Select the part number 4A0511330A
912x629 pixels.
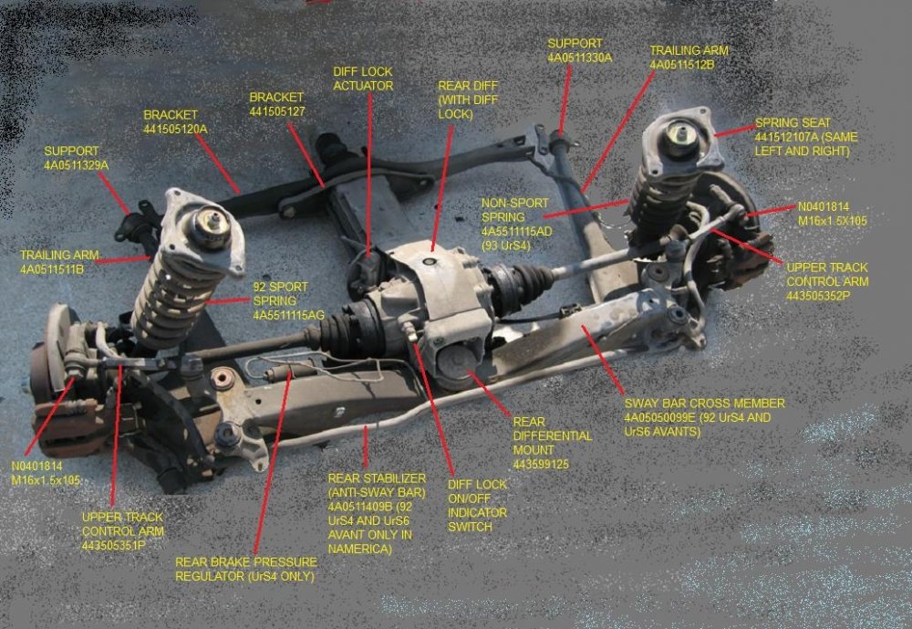coord(579,58)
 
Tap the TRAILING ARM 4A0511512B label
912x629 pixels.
coord(689,58)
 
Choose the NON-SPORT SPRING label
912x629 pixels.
coord(515,218)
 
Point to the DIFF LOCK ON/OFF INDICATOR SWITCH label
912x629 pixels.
coord(477,506)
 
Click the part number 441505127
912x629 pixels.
coord(276,111)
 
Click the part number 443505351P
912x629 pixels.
coord(123,545)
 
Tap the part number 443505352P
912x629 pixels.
coord(826,296)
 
